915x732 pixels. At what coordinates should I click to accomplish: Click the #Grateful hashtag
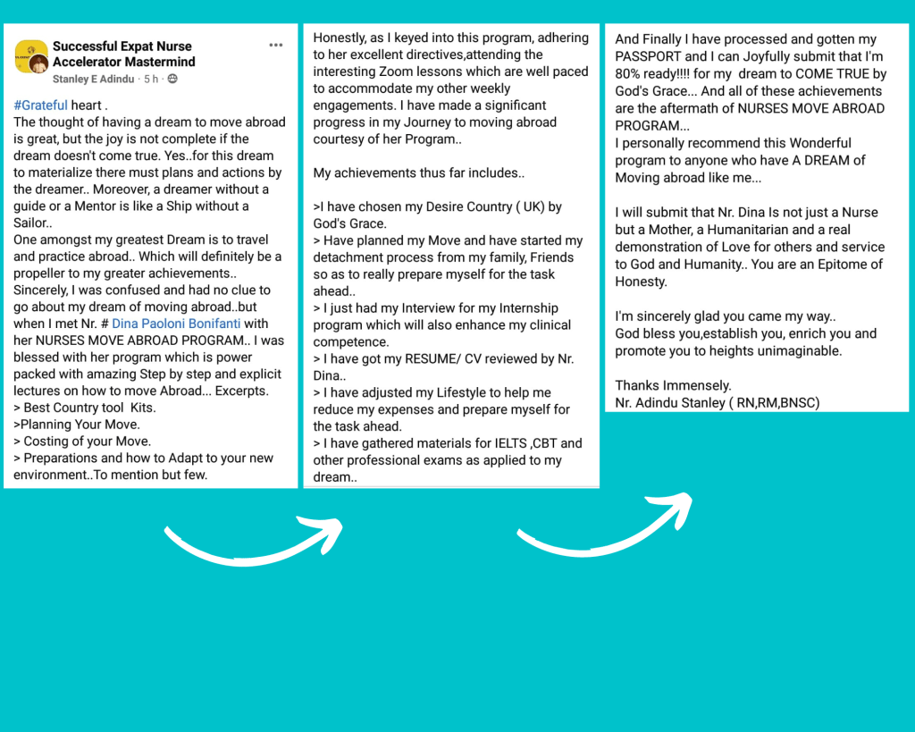40,105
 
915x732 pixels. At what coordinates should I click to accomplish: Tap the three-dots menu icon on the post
276,46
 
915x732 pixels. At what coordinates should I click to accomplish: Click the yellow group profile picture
31,55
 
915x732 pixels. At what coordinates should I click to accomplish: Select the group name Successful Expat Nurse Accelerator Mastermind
123,54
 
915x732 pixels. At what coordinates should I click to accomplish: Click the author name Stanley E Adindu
93,79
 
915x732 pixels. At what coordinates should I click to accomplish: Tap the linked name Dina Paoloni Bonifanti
177,324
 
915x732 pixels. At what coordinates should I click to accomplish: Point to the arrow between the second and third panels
604,522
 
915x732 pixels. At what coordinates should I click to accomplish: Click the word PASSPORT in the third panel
648,56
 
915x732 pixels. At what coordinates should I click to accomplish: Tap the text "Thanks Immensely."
673,385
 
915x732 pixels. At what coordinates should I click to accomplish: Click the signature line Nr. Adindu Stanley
717,402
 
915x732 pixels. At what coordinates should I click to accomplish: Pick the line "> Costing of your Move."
82,441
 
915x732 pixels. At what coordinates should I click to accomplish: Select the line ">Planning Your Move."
76,425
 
